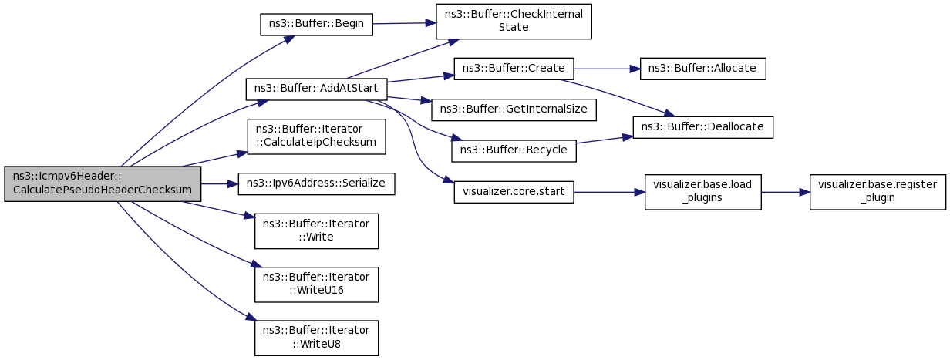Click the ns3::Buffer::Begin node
[316, 24]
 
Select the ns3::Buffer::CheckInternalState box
[514, 22]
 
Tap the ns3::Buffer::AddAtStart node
[316, 89]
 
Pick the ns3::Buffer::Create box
[514, 69]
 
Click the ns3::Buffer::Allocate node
[702, 69]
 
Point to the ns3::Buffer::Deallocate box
[702, 127]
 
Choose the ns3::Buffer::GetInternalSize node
[514, 109]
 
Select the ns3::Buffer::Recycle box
[514, 151]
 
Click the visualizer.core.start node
[514, 192]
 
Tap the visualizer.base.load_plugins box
[702, 192]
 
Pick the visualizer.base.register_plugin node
[878, 192]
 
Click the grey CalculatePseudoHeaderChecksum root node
[103, 183]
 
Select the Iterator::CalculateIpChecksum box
[316, 136]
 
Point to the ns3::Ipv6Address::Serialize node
[316, 184]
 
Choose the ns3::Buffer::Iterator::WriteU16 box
[316, 284]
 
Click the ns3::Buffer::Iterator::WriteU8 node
[316, 338]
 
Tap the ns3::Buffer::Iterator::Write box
[316, 231]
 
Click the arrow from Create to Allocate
[607, 69]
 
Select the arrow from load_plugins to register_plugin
[786, 192]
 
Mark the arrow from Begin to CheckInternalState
[405, 23]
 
